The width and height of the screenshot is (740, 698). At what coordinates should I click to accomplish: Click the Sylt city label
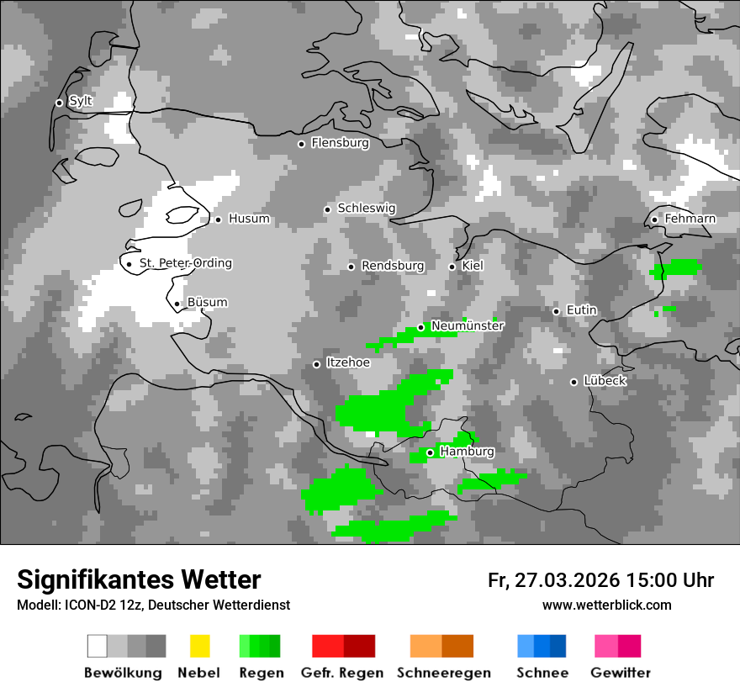coord(81,102)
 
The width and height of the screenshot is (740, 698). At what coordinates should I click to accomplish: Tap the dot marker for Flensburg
coord(301,144)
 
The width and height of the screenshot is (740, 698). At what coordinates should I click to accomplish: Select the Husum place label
coord(249,219)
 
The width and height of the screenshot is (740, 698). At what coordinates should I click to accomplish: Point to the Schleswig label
coord(366,208)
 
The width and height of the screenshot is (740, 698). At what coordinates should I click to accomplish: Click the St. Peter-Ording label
coord(185,263)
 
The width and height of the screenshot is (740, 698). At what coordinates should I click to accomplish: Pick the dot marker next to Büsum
coord(177,304)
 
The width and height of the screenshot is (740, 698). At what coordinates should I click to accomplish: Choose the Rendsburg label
coord(393,266)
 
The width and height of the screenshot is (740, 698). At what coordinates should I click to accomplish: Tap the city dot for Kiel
coord(452,267)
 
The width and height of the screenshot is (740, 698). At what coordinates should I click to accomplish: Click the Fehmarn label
coord(690,219)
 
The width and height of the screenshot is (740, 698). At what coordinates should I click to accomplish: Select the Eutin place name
coord(581,310)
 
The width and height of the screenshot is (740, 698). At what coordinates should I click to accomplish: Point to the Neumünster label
coord(468,325)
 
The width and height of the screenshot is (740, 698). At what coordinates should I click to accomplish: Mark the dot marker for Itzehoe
coord(316,364)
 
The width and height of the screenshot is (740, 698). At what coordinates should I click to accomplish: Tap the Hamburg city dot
coord(430,452)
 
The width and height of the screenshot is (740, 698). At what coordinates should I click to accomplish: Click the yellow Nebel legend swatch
coord(199,646)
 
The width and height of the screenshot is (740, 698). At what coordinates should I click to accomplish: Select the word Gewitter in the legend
coord(620,673)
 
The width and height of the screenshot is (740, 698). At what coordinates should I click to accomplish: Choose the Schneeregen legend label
coord(443,673)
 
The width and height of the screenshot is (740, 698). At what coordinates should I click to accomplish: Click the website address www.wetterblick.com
coord(606,605)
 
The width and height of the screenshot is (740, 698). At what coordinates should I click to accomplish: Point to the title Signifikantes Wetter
coord(139,579)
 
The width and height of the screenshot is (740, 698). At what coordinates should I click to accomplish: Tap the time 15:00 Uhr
coord(669,580)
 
